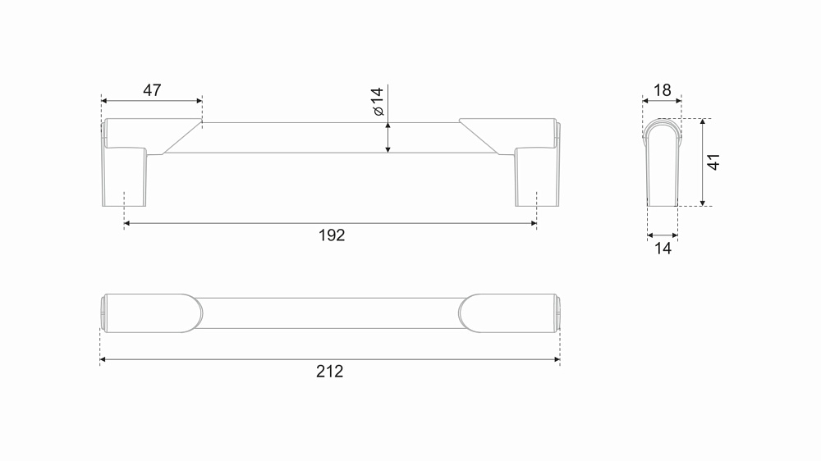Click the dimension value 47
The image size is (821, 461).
click(x=152, y=90)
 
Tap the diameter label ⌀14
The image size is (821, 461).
click(x=377, y=102)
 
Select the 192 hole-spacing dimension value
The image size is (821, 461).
click(x=332, y=235)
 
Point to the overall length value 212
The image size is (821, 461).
click(x=329, y=372)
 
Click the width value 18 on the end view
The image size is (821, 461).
click(x=663, y=90)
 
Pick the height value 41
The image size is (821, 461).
click(x=713, y=162)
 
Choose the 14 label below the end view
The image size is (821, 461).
click(x=663, y=248)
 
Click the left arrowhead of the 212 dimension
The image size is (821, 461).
click(x=103, y=359)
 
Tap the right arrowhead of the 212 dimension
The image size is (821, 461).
click(x=557, y=359)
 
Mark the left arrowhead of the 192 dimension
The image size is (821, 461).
click(x=126, y=223)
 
